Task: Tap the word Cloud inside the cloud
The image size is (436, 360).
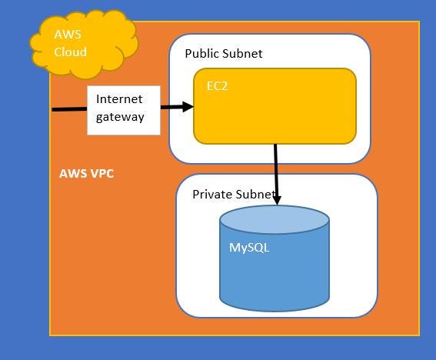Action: tap(70, 52)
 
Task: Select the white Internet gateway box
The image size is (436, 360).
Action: tap(124, 110)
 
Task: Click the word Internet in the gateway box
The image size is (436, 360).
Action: tap(119, 100)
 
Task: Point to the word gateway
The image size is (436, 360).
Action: tap(120, 118)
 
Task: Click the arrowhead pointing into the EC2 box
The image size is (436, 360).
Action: tap(187, 108)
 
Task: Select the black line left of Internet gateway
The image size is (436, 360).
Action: tap(69, 109)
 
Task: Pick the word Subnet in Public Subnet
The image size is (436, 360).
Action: tap(242, 54)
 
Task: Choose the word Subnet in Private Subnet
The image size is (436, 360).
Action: tap(254, 195)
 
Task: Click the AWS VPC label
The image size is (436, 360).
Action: tap(86, 174)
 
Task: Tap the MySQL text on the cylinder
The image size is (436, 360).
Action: tap(249, 248)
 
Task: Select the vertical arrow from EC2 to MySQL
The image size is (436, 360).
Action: tap(275, 169)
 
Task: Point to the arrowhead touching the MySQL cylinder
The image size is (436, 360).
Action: tap(275, 199)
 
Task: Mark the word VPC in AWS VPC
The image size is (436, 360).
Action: tap(101, 174)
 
